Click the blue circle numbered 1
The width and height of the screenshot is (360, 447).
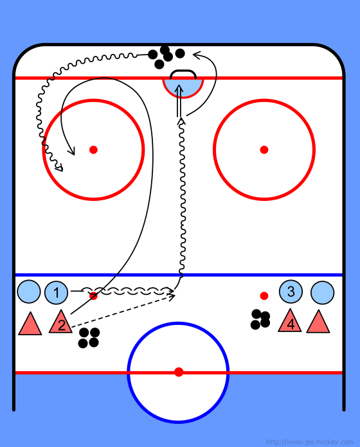pos(56,292)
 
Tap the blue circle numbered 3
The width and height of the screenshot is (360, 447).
pos(291,292)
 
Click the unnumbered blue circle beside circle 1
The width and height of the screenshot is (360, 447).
pos(29,292)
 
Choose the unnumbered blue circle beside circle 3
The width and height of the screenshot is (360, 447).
pos(322,293)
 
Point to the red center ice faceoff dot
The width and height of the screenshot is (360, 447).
pos(179,372)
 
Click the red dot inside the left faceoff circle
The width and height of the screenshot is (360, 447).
pos(93,150)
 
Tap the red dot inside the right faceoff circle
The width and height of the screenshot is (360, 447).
pos(264,150)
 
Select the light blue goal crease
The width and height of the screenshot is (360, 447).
pos(183,89)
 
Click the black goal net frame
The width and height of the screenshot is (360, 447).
pos(183,71)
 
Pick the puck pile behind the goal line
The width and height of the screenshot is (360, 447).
pos(166,57)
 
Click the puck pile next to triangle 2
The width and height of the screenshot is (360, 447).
pos(89,338)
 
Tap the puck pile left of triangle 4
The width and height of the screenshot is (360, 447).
pos(260,319)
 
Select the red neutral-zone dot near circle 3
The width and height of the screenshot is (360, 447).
pos(264,296)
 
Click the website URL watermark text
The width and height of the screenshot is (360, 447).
pos(309,442)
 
